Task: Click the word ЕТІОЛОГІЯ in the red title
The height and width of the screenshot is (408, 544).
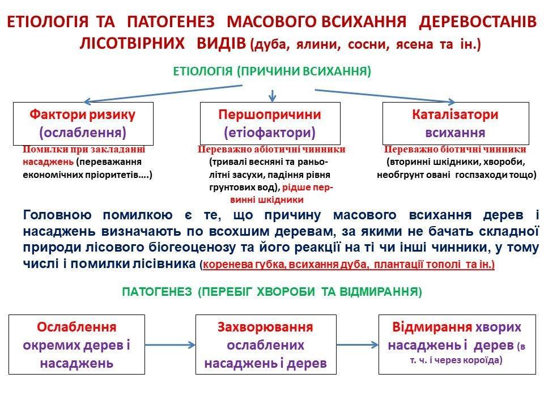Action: pyautogui.click(x=48, y=22)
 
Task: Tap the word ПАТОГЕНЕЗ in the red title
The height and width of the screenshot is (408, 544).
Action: pyautogui.click(x=171, y=22)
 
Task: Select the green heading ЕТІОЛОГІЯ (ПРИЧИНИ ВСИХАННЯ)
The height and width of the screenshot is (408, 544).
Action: pyautogui.click(x=272, y=71)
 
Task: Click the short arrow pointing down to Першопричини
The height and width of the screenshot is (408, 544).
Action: pyautogui.click(x=273, y=96)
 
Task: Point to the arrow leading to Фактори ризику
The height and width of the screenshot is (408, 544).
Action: pyautogui.click(x=163, y=93)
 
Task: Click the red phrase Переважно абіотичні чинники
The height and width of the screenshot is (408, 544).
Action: pyautogui.click(x=271, y=150)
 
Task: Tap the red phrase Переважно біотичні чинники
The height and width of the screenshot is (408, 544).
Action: pyautogui.click(x=455, y=150)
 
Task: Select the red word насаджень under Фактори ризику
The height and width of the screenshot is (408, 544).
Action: pyautogui.click(x=48, y=162)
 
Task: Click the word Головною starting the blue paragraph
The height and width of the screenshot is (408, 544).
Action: pyautogui.click(x=57, y=215)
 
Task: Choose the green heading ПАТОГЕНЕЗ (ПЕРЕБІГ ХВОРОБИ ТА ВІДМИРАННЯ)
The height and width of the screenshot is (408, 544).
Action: pyautogui.click(x=272, y=292)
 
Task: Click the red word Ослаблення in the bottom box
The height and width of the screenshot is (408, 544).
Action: pyautogui.click(x=76, y=327)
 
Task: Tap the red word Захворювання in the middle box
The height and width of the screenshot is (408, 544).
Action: pyautogui.click(x=265, y=327)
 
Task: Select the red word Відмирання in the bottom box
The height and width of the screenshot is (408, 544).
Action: pyautogui.click(x=432, y=327)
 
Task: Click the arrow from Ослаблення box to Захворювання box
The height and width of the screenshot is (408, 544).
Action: pyautogui.click(x=170, y=345)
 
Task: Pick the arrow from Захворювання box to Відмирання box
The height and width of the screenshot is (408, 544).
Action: pyautogui.click(x=358, y=345)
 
